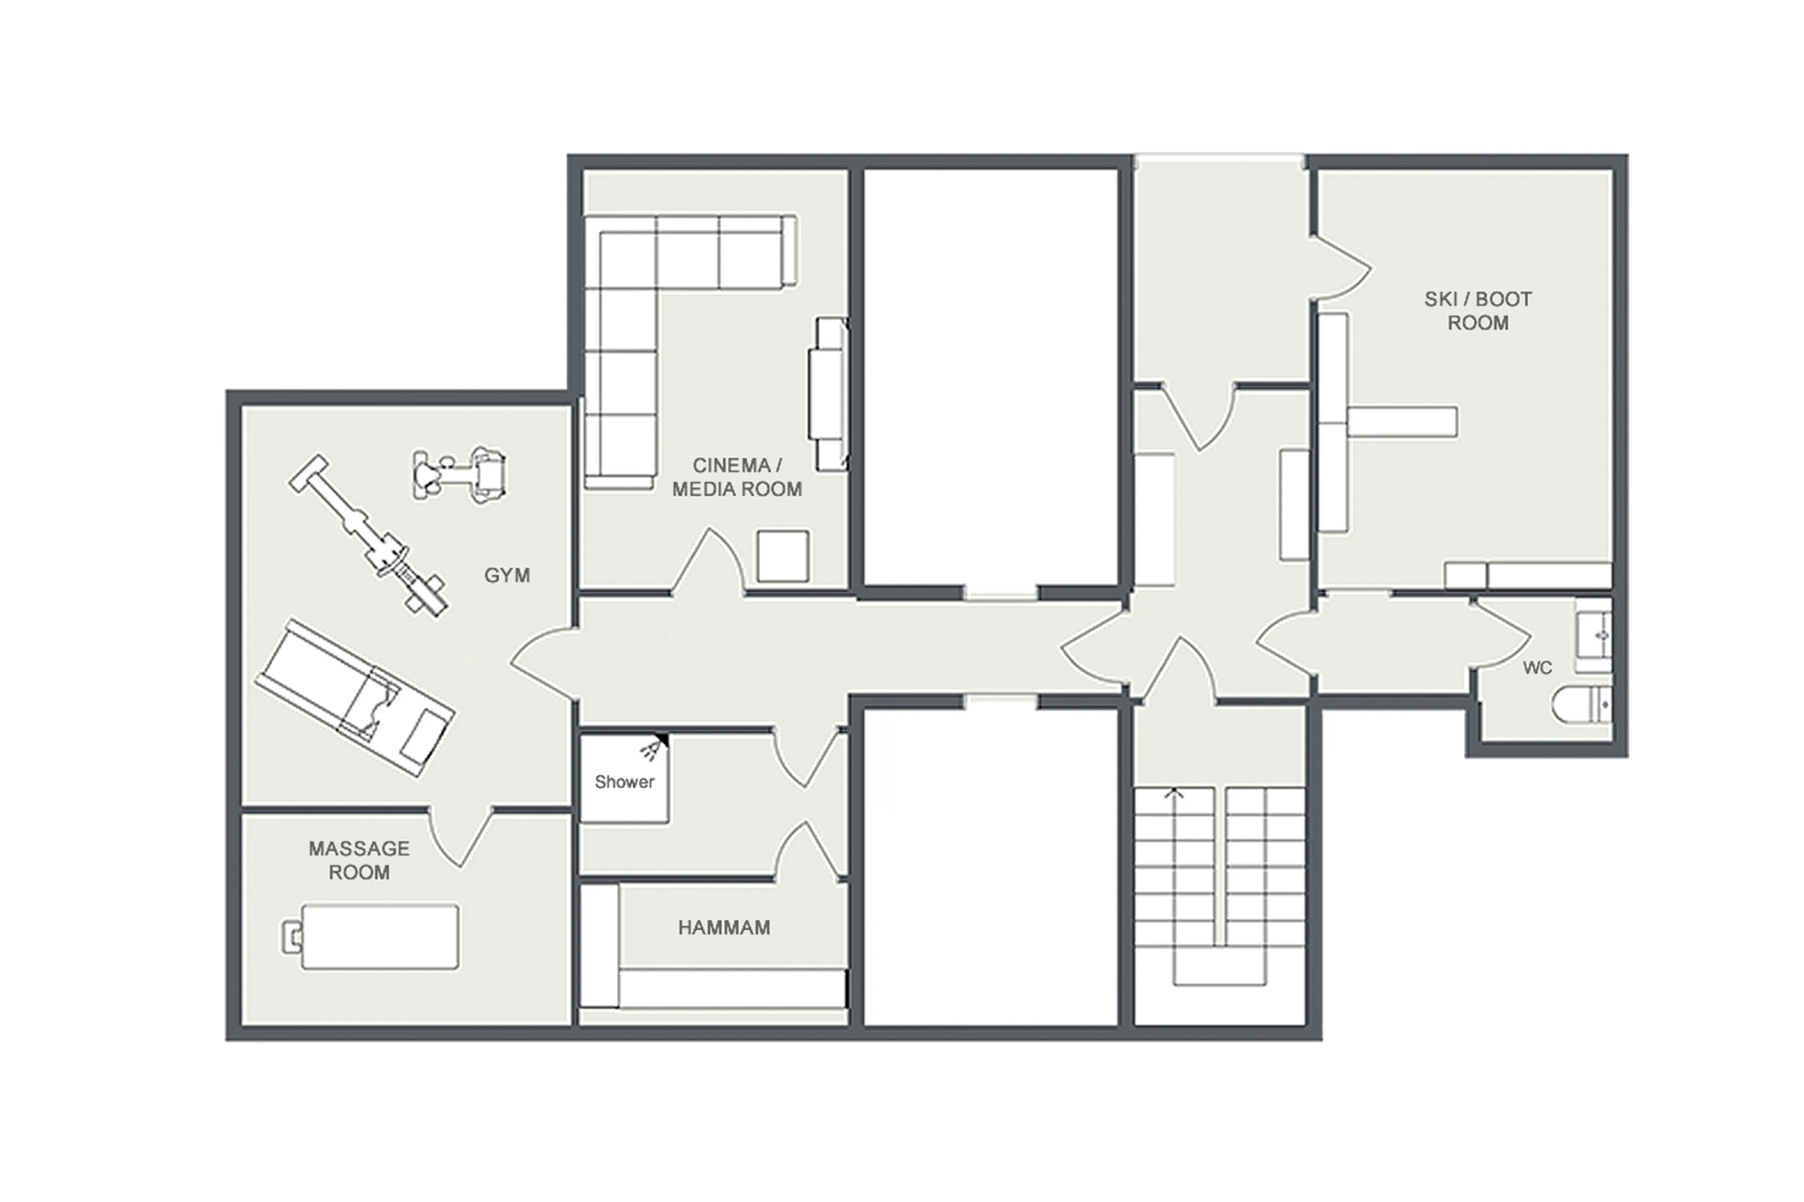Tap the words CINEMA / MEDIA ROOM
pos(736,477)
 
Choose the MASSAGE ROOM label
pos(359,860)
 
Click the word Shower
pos(624,782)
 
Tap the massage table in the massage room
pos(380,937)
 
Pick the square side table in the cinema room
pos(782,556)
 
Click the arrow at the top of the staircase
pos(1174,795)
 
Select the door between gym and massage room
pos(460,836)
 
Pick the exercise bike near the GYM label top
pos(459,474)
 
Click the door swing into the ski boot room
pos(1342,268)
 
